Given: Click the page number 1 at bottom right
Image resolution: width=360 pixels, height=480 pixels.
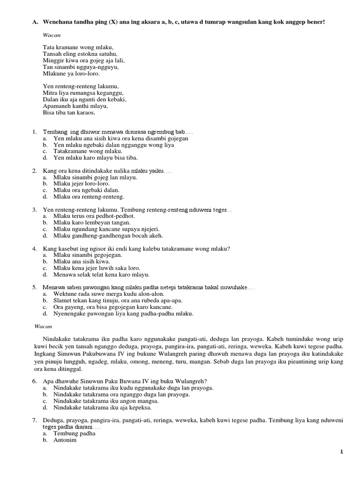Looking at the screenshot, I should tap(342, 451).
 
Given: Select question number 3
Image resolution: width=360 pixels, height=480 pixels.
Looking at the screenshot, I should tap(35, 210).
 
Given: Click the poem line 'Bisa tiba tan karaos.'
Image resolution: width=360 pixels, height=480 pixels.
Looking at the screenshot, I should tap(69, 112).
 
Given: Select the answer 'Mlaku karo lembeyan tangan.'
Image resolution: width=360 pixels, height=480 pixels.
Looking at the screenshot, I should tap(91, 223).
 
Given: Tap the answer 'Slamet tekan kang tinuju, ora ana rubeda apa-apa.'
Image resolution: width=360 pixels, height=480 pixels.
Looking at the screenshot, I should tap(118, 300).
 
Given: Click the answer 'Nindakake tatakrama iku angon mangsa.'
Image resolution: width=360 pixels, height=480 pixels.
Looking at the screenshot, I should tap(106, 401).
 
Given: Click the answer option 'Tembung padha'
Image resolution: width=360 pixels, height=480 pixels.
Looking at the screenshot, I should tap(74, 434).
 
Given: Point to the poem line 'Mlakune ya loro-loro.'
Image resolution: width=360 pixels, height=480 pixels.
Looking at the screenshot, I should tap(71, 74).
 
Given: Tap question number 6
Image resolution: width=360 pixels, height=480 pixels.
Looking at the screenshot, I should tap(35, 382).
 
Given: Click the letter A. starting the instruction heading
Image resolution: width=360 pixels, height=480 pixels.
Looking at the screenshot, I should tap(35, 22).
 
